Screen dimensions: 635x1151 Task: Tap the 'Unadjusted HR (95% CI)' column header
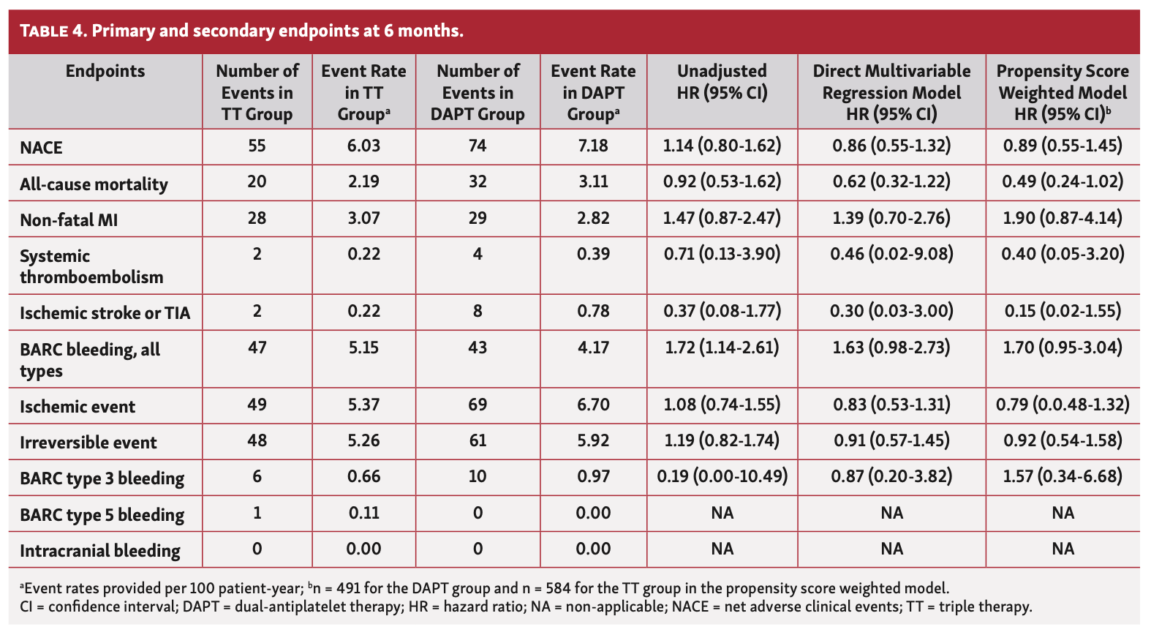(x=722, y=82)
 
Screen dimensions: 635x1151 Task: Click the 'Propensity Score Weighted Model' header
(x=1062, y=82)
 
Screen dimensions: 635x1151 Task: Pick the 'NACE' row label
(x=42, y=148)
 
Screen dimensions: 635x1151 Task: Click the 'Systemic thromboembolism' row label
(x=91, y=266)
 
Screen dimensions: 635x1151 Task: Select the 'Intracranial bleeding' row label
(x=100, y=551)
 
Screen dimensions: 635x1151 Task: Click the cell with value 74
(x=478, y=146)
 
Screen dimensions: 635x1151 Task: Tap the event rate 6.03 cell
(x=363, y=146)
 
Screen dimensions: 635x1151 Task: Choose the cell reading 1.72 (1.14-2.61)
(x=722, y=347)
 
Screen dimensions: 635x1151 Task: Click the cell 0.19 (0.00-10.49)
(x=722, y=476)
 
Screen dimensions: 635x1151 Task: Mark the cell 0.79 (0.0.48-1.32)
(x=1062, y=405)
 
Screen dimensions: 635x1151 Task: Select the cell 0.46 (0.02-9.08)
(x=891, y=254)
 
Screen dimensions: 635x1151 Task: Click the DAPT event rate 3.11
(x=593, y=181)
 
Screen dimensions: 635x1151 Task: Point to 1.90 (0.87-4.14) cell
(x=1062, y=218)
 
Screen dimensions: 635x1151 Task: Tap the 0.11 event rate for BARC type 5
(x=363, y=512)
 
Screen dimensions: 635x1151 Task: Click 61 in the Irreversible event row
(x=478, y=440)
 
